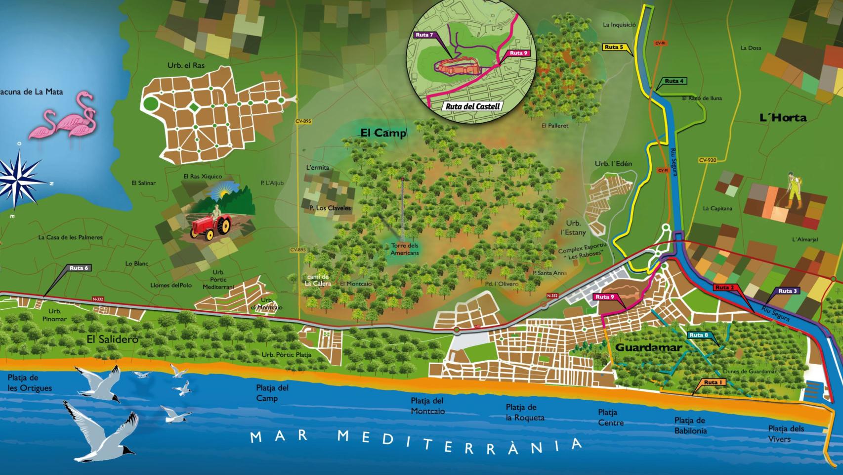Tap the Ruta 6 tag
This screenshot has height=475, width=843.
79,268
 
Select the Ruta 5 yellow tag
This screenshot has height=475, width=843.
614,47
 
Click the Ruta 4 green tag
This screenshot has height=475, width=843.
674,81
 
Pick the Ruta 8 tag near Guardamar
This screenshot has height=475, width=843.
699,335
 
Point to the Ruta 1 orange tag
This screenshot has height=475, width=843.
714,382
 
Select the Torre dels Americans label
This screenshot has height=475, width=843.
404,249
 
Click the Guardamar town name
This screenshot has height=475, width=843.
648,347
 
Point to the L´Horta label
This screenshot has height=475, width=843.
783,118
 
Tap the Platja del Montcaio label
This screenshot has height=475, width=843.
427,406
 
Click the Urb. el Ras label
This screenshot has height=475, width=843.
186,65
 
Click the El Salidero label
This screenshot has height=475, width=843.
112,339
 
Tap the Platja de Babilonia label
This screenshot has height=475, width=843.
690,426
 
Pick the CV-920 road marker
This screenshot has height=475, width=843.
707,160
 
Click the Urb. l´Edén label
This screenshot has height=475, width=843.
613,164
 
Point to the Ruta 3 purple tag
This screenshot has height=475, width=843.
788,291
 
